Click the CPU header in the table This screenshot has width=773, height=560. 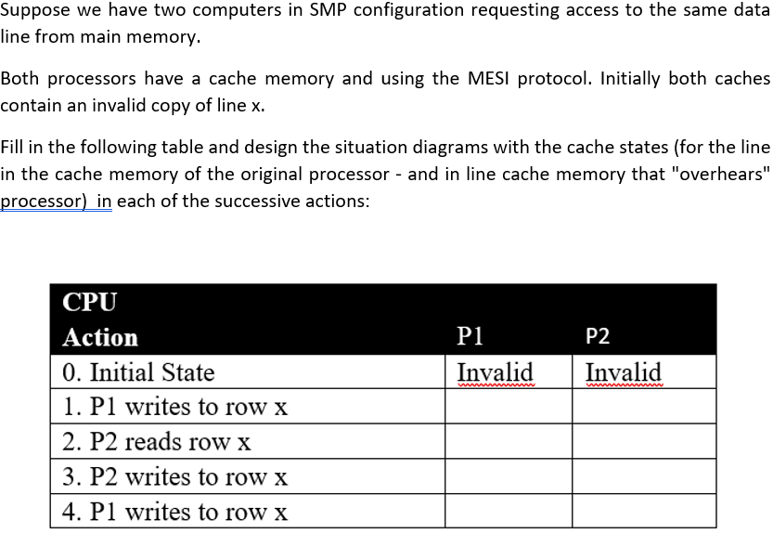click(x=90, y=303)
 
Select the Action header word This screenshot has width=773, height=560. click(x=100, y=337)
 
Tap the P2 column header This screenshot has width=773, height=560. click(x=599, y=337)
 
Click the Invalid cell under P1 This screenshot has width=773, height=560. click(x=496, y=372)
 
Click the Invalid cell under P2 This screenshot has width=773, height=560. click(x=623, y=372)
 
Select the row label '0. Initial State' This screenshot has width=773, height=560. click(x=138, y=372)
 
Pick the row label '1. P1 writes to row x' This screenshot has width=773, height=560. click(x=175, y=407)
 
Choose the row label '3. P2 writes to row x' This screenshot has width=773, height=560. click(x=175, y=477)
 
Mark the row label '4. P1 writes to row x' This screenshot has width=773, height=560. click(x=175, y=512)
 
